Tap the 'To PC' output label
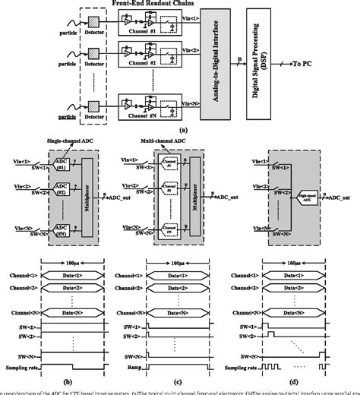[331, 68]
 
